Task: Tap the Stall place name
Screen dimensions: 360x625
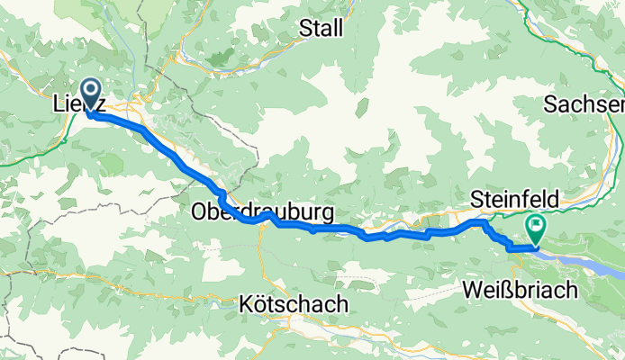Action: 322,28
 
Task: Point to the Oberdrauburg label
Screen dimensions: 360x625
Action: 262,213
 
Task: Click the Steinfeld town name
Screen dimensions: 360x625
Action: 516,198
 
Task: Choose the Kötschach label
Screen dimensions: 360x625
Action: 294,305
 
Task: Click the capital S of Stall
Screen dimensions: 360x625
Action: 306,28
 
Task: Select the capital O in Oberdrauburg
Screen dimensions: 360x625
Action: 200,213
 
